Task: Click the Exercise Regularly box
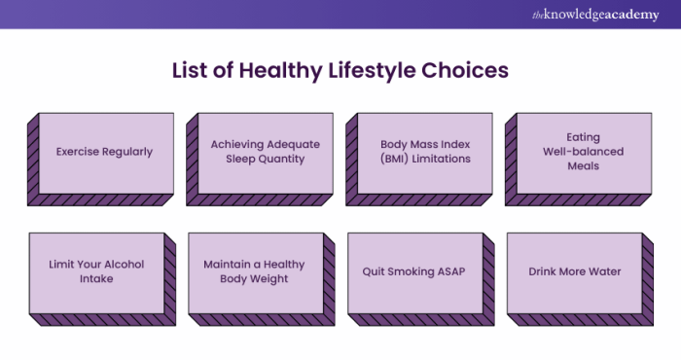pyautogui.click(x=105, y=152)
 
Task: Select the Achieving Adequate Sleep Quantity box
pyautogui.click(x=265, y=152)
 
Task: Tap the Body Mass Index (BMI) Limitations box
pyautogui.click(x=425, y=152)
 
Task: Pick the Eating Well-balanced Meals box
pyautogui.click(x=583, y=152)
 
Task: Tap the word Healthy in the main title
pyautogui.click(x=271, y=71)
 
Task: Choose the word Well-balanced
pyautogui.click(x=583, y=152)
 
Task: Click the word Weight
pyautogui.click(x=269, y=278)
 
